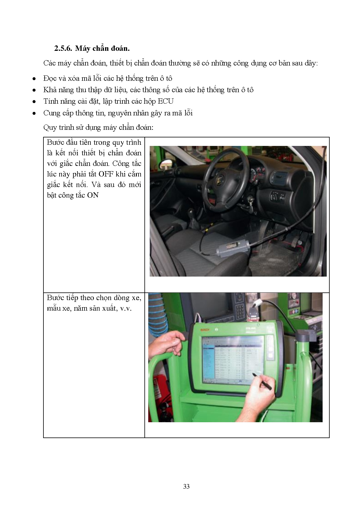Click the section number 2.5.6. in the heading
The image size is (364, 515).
point(63,48)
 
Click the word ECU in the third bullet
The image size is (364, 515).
point(166,102)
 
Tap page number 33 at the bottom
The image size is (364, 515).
point(186,487)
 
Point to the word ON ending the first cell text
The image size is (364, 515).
point(93,195)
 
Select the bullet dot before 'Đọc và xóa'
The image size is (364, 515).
point(34,79)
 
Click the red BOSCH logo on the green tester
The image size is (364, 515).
point(205,330)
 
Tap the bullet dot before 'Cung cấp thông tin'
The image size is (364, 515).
point(34,113)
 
